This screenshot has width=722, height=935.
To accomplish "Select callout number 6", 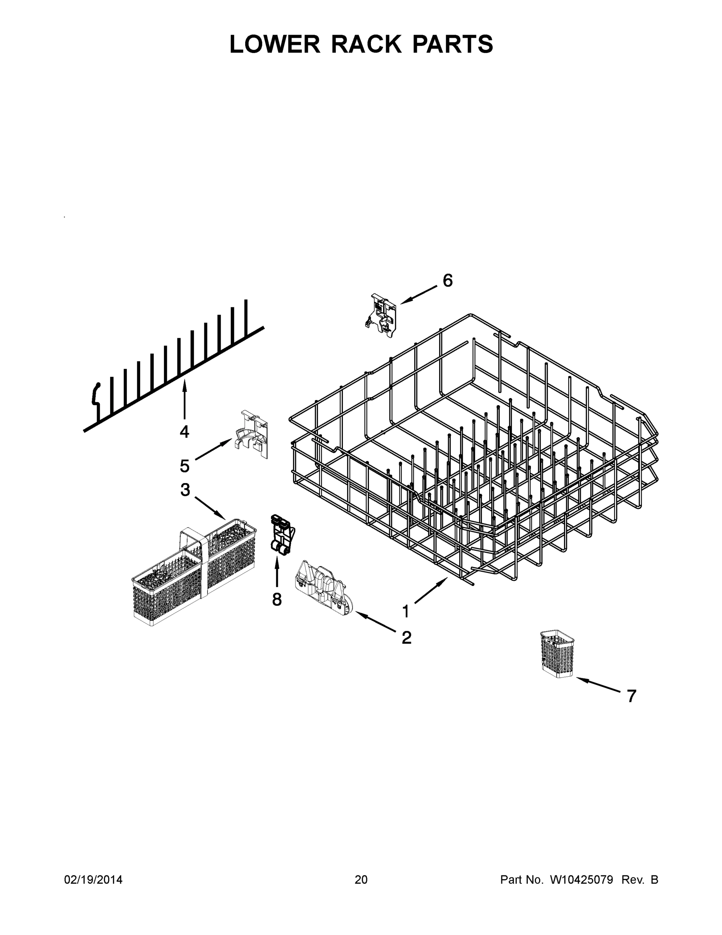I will point(447,281).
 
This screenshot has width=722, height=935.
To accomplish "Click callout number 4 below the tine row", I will point(184,432).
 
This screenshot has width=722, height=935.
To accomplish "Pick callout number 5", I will point(184,466).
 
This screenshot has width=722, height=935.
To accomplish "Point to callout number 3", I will point(185,490).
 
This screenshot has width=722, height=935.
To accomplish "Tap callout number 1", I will point(406,611).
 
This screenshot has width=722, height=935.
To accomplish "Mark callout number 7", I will point(631,696).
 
